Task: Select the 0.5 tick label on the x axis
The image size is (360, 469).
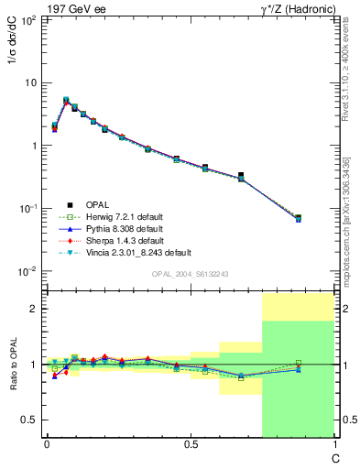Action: [191, 443]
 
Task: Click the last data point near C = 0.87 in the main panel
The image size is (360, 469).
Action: [299, 218]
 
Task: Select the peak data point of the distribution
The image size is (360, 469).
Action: [66, 100]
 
